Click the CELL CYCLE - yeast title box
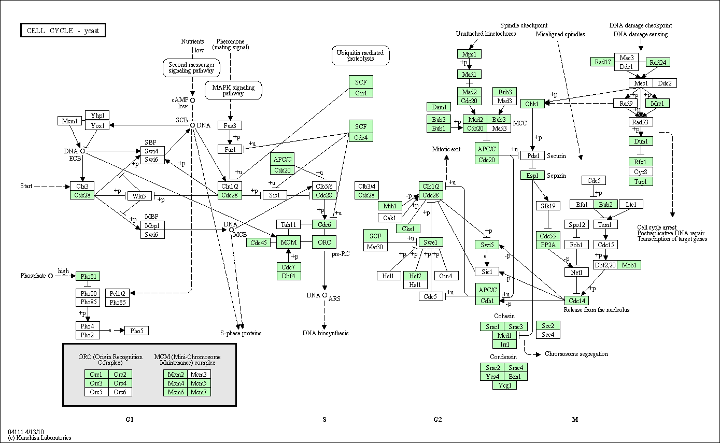click(x=63, y=31)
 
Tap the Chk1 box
click(x=532, y=104)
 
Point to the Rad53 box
click(x=641, y=122)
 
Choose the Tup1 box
click(x=641, y=181)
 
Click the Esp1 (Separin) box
click(x=532, y=175)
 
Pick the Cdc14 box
click(x=576, y=300)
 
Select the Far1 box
click(x=230, y=149)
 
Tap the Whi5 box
click(x=138, y=196)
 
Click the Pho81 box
click(x=87, y=276)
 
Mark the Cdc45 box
click(x=258, y=242)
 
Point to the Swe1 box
click(x=431, y=242)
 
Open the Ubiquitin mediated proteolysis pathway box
click(x=360, y=55)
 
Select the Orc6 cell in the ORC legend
click(x=120, y=392)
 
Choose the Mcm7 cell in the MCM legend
click(x=199, y=392)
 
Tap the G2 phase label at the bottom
click(x=437, y=419)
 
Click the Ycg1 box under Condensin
click(x=504, y=385)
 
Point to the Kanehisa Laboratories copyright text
click(x=40, y=438)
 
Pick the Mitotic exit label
click(x=446, y=149)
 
